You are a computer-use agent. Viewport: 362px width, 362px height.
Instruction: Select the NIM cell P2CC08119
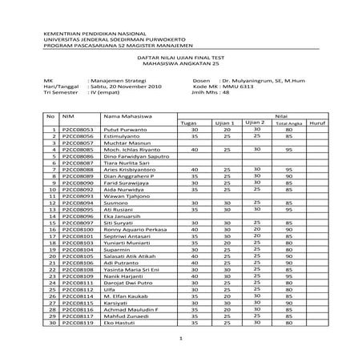[78, 324]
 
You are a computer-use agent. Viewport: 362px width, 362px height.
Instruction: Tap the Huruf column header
[316, 123]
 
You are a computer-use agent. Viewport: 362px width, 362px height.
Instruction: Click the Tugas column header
[189, 123]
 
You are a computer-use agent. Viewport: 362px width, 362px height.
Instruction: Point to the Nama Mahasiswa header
[112, 117]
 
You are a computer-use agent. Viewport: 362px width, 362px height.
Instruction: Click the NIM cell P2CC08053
[78, 129]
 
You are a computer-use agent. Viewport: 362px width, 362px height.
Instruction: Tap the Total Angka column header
[287, 123]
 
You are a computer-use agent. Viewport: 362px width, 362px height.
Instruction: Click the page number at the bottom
[183, 340]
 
